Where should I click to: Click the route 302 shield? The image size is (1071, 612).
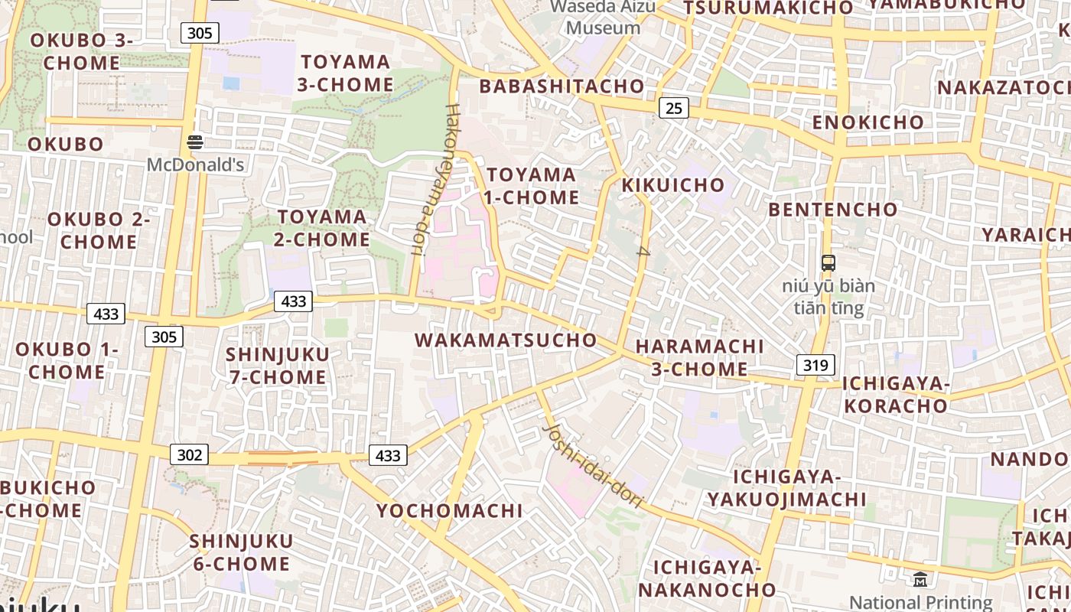(189, 455)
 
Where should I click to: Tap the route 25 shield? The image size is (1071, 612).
(673, 108)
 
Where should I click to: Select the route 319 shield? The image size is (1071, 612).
(815, 365)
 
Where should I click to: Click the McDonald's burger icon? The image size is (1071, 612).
(195, 142)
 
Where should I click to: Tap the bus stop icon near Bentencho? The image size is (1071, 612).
(828, 263)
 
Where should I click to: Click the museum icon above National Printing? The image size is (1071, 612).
(920, 580)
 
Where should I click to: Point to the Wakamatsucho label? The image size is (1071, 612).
(506, 340)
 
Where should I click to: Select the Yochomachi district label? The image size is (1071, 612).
(450, 510)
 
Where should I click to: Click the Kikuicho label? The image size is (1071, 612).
(673, 185)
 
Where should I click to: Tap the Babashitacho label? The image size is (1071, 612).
(562, 86)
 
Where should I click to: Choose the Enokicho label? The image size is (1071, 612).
(868, 122)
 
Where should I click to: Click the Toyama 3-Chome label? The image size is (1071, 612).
(344, 73)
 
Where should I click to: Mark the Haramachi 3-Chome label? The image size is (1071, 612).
(699, 357)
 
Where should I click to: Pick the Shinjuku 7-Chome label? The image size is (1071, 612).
(278, 366)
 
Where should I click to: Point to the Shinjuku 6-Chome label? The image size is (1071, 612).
(241, 552)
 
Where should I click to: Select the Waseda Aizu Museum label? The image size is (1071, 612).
(603, 18)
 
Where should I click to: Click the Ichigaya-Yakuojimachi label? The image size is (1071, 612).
(786, 488)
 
